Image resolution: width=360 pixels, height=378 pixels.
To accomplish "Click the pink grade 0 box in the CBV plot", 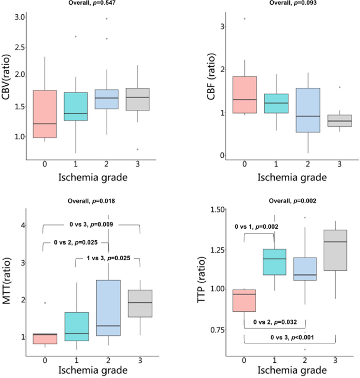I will (x=43, y=114).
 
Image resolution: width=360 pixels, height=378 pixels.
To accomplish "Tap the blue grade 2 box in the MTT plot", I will (x=108, y=308).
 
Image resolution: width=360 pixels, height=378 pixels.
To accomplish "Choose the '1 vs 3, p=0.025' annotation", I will (x=108, y=258).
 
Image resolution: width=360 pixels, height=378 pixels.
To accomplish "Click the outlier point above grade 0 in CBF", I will (x=244, y=18).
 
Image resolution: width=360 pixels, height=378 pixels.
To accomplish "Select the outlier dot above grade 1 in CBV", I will (x=76, y=37).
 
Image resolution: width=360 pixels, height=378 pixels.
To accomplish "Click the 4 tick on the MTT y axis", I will (x=22, y=226).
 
